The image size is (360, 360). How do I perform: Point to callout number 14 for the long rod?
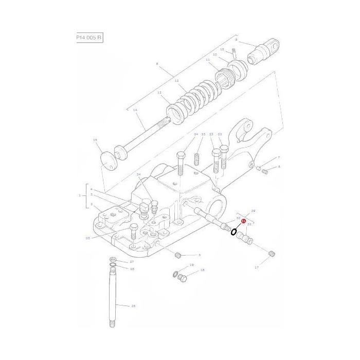(135, 110)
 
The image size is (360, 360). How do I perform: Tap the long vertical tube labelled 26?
(113, 296)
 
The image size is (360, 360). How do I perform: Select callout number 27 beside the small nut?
(131, 262)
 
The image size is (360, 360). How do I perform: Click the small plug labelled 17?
(272, 254)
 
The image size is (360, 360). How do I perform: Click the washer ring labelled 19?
(175, 273)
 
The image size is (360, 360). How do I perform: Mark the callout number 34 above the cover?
(138, 175)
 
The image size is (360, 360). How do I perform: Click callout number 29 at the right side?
(253, 211)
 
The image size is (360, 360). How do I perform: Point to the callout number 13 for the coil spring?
(176, 81)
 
